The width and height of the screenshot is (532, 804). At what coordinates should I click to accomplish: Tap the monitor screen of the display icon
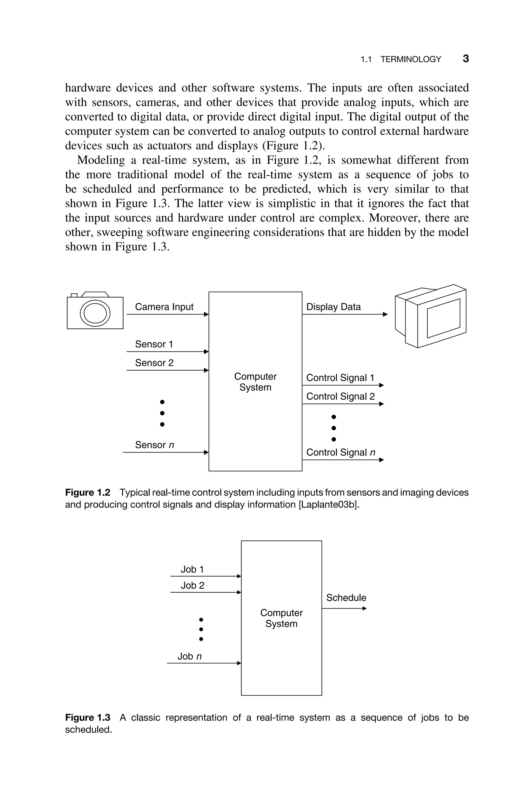[x=443, y=318]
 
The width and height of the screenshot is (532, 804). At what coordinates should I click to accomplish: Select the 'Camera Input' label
[x=164, y=307]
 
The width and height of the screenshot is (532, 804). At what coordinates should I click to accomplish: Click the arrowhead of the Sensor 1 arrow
[x=206, y=352]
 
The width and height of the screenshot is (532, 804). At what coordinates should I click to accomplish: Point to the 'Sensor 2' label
[x=154, y=363]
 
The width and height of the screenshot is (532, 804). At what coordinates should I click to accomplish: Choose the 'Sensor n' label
[x=154, y=445]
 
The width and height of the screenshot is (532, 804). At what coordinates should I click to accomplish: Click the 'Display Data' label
[x=333, y=307]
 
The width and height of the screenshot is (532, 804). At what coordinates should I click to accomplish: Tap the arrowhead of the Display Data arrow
[x=385, y=314]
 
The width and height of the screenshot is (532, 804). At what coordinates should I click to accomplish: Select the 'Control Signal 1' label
[x=340, y=378]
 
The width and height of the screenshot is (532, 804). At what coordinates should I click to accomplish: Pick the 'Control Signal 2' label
[x=340, y=396]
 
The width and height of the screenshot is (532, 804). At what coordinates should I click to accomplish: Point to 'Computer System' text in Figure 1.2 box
[x=255, y=382]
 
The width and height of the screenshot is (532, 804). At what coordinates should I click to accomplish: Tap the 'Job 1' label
[x=192, y=569]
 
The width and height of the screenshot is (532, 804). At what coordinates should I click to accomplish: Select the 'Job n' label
[x=189, y=656]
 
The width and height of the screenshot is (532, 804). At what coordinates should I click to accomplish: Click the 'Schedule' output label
[x=346, y=598]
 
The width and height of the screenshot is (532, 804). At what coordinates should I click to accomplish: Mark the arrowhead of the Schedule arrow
[x=365, y=608]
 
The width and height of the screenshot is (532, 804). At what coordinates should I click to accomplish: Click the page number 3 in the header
[x=466, y=59]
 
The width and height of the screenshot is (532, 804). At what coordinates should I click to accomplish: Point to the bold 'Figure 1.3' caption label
[x=88, y=717]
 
